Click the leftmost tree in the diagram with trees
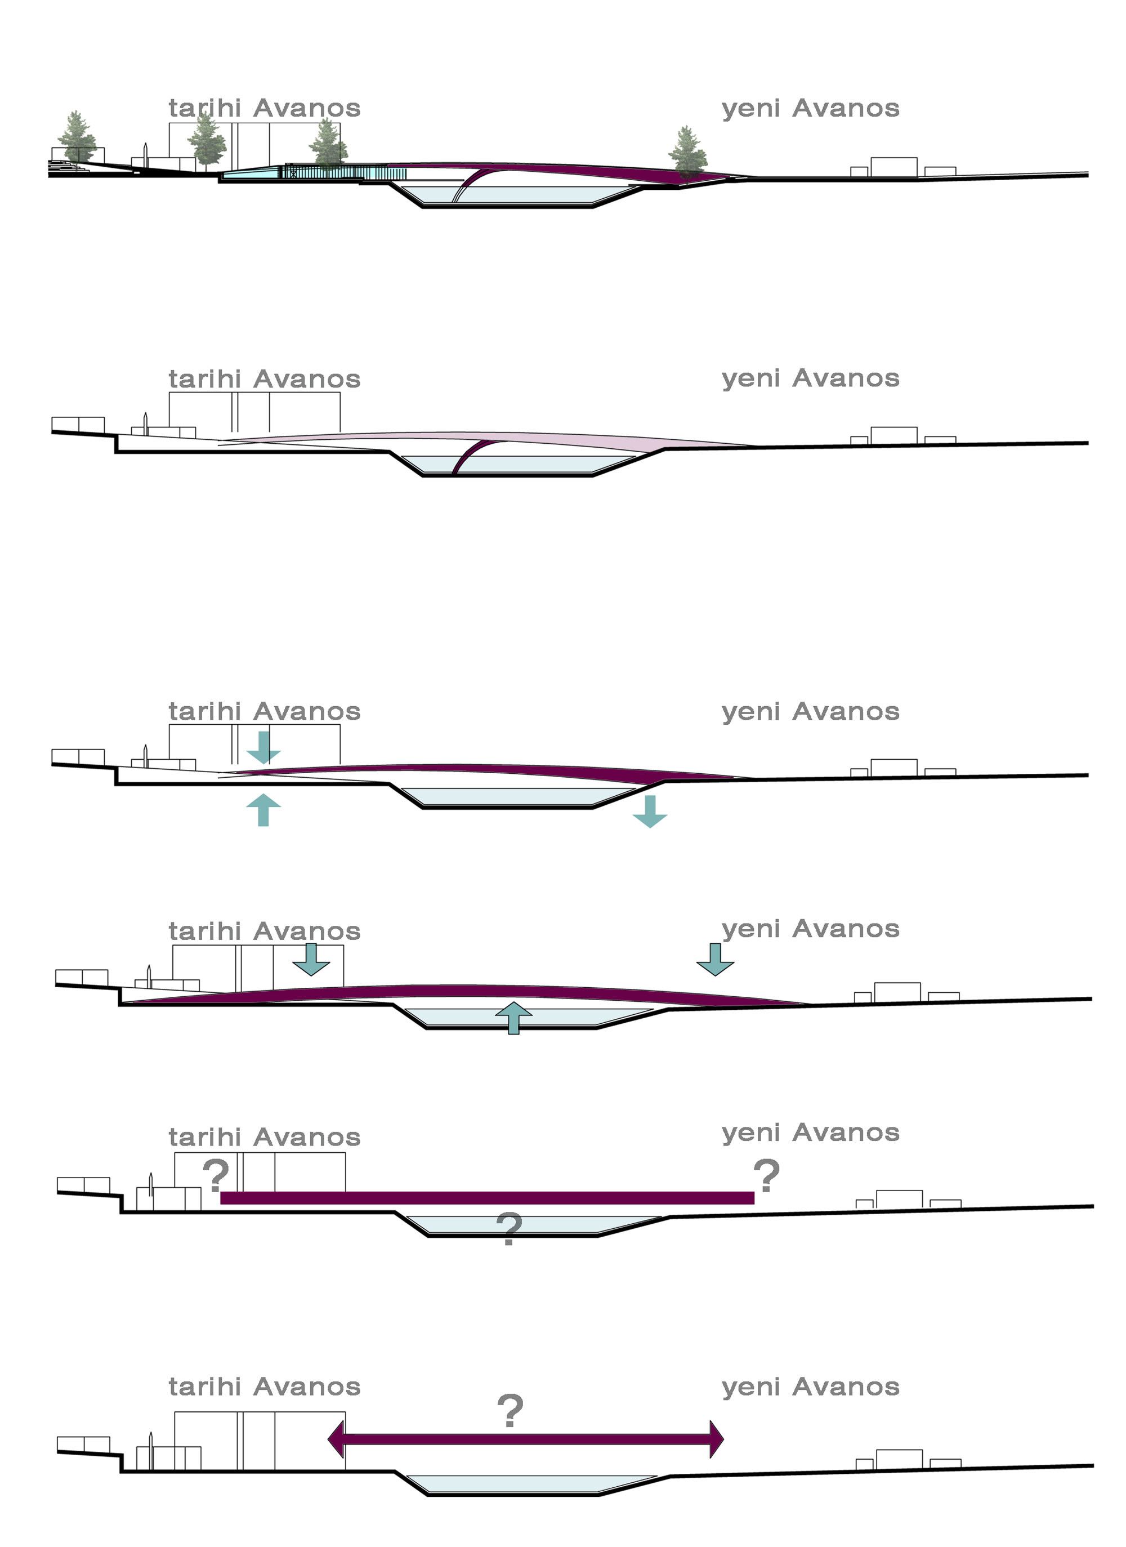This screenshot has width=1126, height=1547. pyautogui.click(x=77, y=138)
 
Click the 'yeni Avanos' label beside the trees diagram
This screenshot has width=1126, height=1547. pyautogui.click(x=810, y=109)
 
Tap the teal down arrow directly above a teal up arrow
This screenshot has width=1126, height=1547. pyautogui.click(x=263, y=747)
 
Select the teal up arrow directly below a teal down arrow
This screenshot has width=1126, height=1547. pyautogui.click(x=263, y=810)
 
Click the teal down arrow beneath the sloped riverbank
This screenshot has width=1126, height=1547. pyautogui.click(x=649, y=811)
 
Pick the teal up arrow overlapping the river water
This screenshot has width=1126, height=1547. pyautogui.click(x=513, y=1018)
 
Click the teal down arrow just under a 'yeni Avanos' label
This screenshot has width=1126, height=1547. pyautogui.click(x=715, y=959)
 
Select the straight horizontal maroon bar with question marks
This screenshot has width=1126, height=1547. pyautogui.click(x=487, y=1197)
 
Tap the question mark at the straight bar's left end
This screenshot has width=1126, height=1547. pyautogui.click(x=216, y=1175)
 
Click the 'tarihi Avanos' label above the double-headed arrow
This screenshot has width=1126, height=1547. pyautogui.click(x=264, y=1386)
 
